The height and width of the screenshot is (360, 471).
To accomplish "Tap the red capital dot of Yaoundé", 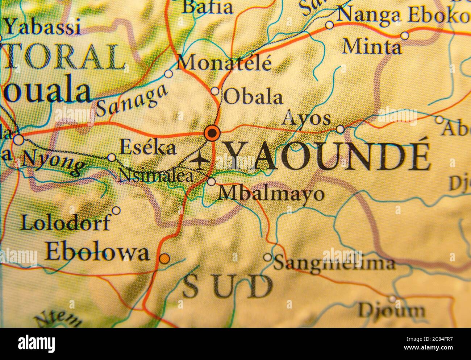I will coord(212,133).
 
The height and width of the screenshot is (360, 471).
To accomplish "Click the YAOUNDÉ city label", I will coord(328,157).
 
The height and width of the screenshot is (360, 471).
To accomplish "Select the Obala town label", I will coord(253,97).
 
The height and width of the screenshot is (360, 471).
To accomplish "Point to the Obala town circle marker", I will coord(215,91).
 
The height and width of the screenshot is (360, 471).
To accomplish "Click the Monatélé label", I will coord(225,63).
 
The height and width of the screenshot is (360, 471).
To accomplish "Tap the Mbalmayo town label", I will coord(270,194).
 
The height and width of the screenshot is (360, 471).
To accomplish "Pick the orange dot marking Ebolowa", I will coord(164,258).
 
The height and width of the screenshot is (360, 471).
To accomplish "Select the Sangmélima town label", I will coord(334,262).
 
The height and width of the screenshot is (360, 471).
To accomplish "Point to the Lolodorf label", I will coord(65,222).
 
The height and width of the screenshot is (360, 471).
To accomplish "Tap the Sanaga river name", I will coord(132,100).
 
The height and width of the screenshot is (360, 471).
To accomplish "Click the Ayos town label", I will coord(307,119).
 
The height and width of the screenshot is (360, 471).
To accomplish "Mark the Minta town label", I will coord(372,47).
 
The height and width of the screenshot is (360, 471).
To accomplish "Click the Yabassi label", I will coord(43,27).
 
